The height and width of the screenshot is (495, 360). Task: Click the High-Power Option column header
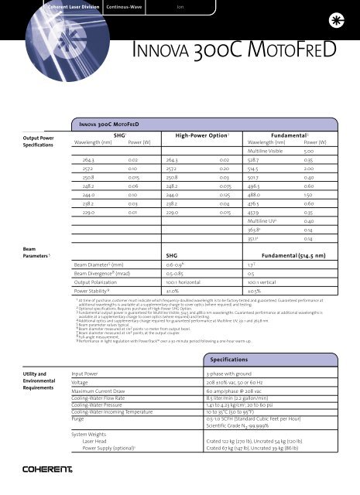(190, 135)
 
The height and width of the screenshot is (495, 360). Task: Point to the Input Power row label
(77, 373)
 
